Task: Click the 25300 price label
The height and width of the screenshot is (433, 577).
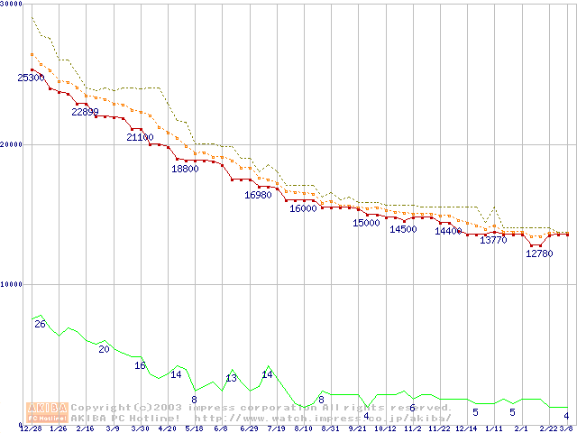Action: [31, 78]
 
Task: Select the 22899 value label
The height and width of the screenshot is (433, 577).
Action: [86, 112]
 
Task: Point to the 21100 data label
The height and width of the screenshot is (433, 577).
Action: [140, 137]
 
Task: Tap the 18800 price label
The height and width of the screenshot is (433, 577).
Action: [185, 169]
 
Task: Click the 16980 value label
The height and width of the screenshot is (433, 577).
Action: [258, 195]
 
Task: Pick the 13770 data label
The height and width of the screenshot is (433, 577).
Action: [493, 240]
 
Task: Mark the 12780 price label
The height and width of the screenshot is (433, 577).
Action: [538, 253]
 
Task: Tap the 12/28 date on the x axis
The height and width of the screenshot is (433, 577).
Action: [31, 428]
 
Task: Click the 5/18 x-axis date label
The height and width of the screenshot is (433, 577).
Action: [194, 428]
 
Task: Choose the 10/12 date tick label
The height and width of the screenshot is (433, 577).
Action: [385, 428]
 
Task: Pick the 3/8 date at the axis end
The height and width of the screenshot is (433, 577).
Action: [566, 428]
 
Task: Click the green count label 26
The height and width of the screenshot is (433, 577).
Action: [40, 323]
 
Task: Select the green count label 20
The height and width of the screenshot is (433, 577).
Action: [104, 349]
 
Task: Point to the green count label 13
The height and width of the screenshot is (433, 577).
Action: [231, 379]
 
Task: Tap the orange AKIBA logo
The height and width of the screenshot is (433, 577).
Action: [48, 411]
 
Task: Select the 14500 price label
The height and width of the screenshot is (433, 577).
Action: [402, 229]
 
